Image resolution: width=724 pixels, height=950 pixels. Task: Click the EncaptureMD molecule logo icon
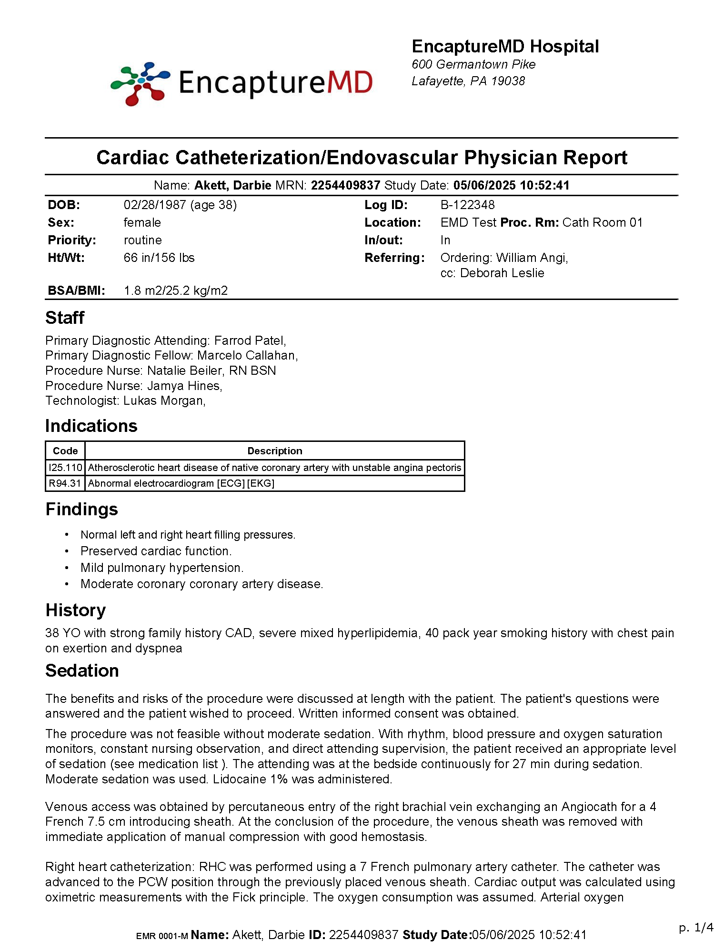click(x=140, y=84)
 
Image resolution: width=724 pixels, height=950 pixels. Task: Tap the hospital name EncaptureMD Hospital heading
click(x=505, y=47)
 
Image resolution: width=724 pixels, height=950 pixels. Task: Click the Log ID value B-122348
click(x=467, y=205)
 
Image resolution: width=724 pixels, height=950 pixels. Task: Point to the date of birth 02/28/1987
click(x=155, y=205)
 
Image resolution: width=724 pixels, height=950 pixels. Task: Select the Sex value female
click(x=142, y=222)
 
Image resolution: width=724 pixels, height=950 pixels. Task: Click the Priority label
click(x=72, y=240)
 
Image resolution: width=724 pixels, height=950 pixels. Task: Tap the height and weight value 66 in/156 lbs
click(x=159, y=258)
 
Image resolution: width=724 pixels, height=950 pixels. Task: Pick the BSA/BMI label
click(x=76, y=290)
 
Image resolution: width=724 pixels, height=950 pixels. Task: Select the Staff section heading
click(x=65, y=318)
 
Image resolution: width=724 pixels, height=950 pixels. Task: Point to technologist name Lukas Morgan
click(x=163, y=400)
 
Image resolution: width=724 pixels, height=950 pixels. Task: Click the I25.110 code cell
click(x=65, y=468)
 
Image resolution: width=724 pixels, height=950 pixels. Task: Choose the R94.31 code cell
click(x=65, y=483)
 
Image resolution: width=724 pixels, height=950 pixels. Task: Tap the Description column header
click(x=274, y=451)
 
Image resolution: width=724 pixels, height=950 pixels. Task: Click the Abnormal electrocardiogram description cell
click(x=181, y=483)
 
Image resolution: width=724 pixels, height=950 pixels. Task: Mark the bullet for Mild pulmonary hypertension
click(x=67, y=568)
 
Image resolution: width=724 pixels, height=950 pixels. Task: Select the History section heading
click(x=75, y=610)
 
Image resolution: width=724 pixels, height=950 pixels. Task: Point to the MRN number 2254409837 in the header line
click(x=345, y=185)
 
